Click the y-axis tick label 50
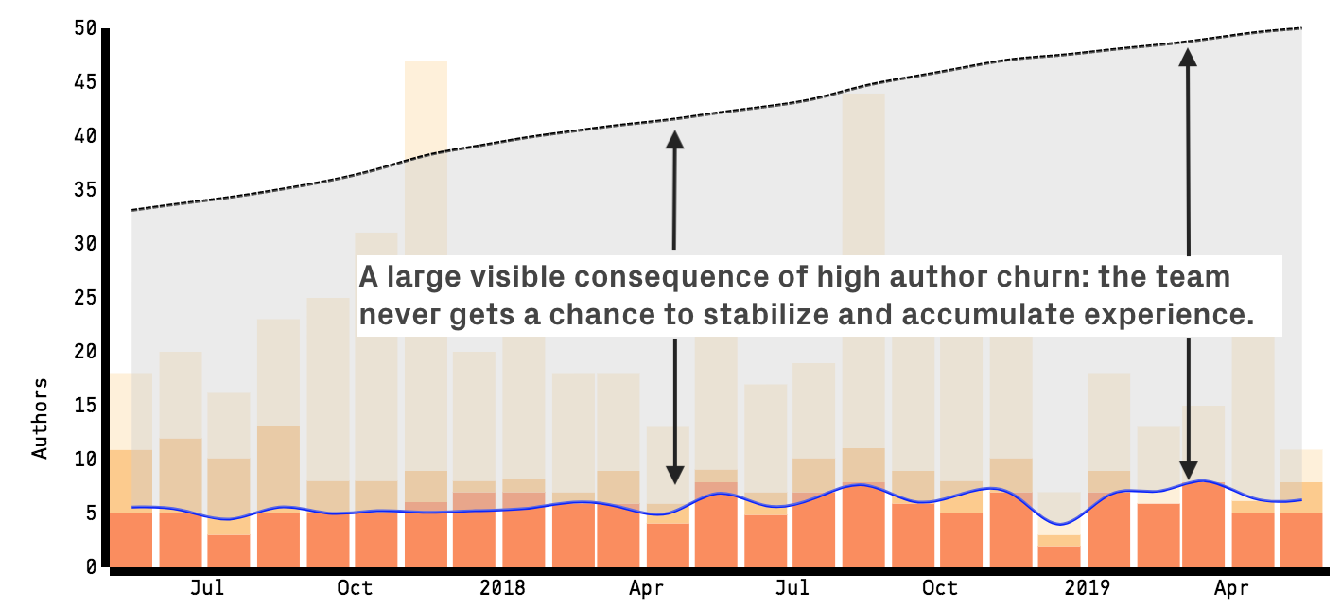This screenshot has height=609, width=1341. coord(85,28)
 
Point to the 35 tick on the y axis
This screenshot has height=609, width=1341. coord(85,190)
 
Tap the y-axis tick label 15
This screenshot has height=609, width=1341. coord(85,406)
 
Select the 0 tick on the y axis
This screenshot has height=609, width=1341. coord(91,566)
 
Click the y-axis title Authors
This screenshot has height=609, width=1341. coord(40,418)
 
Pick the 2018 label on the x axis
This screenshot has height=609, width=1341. coord(502,588)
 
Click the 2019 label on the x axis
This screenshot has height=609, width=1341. coord(1087,588)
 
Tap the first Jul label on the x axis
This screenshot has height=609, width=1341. coord(207,588)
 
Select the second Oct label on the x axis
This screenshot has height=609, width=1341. coord(940,588)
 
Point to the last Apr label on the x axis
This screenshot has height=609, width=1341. coord(1232,588)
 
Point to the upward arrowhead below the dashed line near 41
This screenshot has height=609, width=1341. coord(674,139)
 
